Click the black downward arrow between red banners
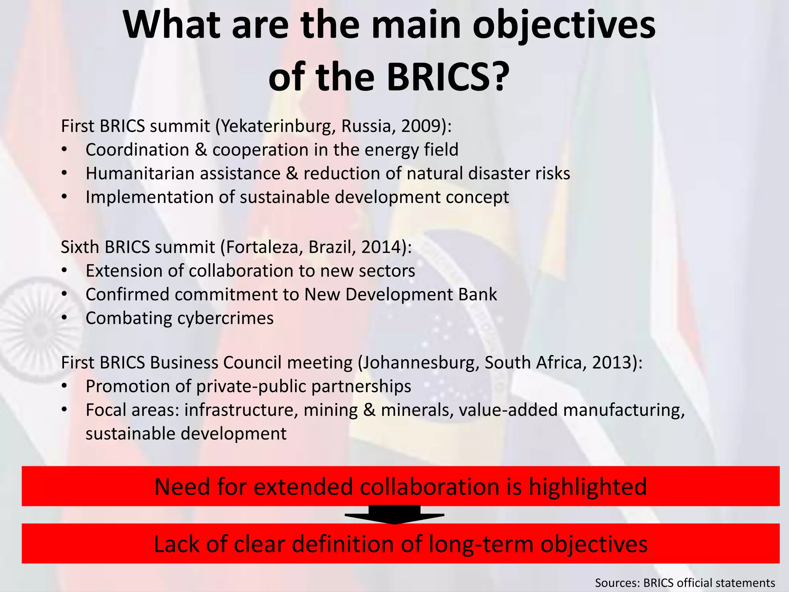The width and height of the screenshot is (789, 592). pos(394,515)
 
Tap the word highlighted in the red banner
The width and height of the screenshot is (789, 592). pos(588,487)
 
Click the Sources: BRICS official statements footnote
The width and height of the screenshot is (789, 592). pos(685,582)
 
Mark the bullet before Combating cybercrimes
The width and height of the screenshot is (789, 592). pos(64,318)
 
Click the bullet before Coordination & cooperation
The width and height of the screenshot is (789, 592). pos(64,150)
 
